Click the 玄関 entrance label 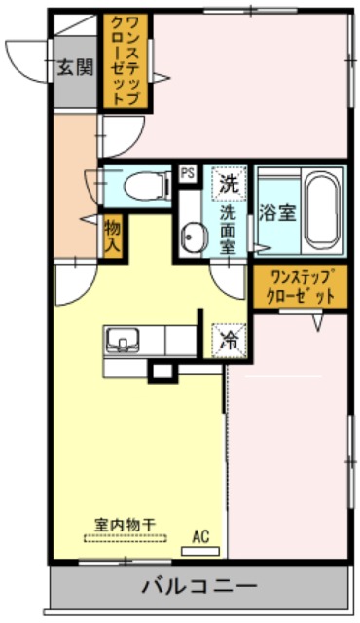click(x=76, y=67)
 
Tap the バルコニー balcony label click(x=199, y=586)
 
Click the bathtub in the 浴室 click(x=323, y=211)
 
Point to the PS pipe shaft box click(x=188, y=173)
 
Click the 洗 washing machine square click(x=229, y=184)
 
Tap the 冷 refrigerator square click(x=229, y=341)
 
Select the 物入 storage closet click(x=113, y=237)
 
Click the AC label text click(x=200, y=536)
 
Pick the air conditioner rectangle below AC click(x=200, y=551)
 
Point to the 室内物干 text click(x=125, y=525)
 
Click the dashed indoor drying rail click(x=126, y=538)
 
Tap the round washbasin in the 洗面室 click(x=194, y=237)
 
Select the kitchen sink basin click(x=123, y=340)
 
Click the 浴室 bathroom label click(x=277, y=213)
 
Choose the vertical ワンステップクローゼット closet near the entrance click(x=126, y=60)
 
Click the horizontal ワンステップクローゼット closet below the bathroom click(x=301, y=287)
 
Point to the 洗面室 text click(x=229, y=231)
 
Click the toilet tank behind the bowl click(x=167, y=185)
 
